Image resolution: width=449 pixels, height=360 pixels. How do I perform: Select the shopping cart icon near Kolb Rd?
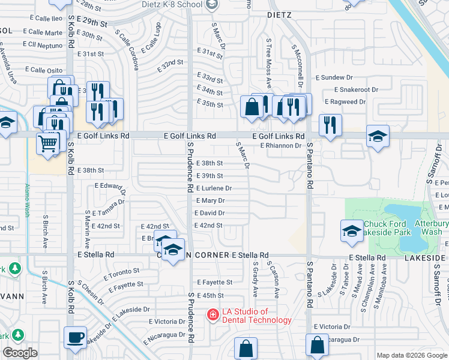pos(48,143)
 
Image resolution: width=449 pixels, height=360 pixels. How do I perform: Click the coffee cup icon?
pos(76,337)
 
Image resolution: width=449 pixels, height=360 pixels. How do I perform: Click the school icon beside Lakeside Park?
pos(352,231)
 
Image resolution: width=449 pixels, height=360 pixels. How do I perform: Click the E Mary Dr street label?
pos(209,200)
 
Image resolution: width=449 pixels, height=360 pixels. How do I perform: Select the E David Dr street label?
pos(209,213)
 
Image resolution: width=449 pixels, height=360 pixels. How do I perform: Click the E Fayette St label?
pos(214,282)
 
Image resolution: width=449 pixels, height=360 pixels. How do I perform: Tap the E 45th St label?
pos(210,296)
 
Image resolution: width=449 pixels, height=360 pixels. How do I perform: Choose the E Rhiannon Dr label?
pos(280,145)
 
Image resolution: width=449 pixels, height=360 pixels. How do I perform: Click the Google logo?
pos(20,353)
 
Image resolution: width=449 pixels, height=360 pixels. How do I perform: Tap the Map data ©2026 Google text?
pos(411,355)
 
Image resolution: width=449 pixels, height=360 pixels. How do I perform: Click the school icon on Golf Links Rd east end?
pos(378,136)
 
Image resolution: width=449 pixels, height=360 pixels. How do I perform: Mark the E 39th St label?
pos(210,176)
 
